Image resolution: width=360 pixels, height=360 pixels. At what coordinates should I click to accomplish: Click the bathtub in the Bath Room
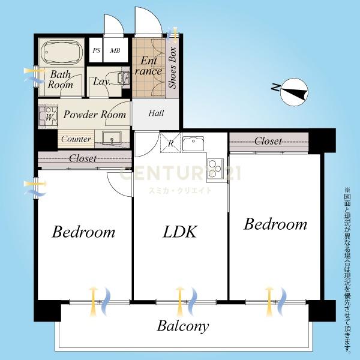click(61, 53)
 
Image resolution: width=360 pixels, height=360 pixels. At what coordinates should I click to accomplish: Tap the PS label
click(97, 50)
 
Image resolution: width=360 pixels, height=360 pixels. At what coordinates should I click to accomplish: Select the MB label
click(115, 50)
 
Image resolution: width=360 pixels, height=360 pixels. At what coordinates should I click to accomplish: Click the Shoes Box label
click(172, 68)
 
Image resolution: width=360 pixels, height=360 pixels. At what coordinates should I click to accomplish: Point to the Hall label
click(156, 113)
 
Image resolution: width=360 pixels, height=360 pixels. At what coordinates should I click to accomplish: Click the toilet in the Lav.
click(124, 77)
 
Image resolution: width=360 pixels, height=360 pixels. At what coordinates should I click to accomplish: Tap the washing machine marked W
click(48, 116)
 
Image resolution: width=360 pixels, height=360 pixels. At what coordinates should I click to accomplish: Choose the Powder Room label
click(95, 115)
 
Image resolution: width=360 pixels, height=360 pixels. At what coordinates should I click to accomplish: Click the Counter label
click(76, 139)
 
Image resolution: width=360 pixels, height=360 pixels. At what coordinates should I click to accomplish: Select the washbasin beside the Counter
click(112, 138)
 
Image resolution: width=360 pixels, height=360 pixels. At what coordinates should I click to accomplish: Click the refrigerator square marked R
click(170, 143)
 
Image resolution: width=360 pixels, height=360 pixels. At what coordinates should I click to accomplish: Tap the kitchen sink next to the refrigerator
click(193, 144)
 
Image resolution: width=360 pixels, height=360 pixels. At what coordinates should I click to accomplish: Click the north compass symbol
click(294, 92)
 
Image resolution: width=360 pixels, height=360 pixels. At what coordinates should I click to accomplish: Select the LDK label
click(180, 232)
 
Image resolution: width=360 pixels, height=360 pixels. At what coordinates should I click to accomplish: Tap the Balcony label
click(183, 326)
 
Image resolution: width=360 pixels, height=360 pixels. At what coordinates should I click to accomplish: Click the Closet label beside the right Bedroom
click(268, 141)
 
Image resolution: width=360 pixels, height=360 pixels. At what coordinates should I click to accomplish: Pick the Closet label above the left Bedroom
click(83, 158)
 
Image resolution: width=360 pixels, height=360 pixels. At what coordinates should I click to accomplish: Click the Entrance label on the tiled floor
click(149, 66)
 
